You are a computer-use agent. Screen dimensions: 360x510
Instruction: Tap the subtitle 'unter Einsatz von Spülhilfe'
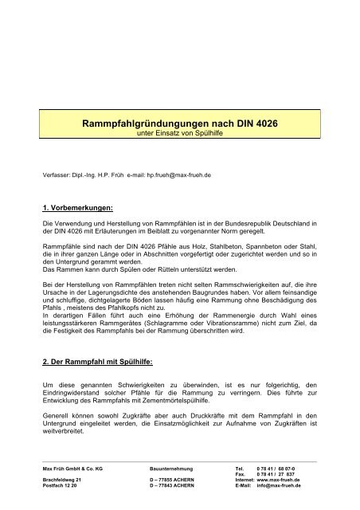click(x=179, y=135)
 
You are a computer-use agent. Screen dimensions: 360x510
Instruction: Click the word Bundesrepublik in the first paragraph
click(x=250, y=220)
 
